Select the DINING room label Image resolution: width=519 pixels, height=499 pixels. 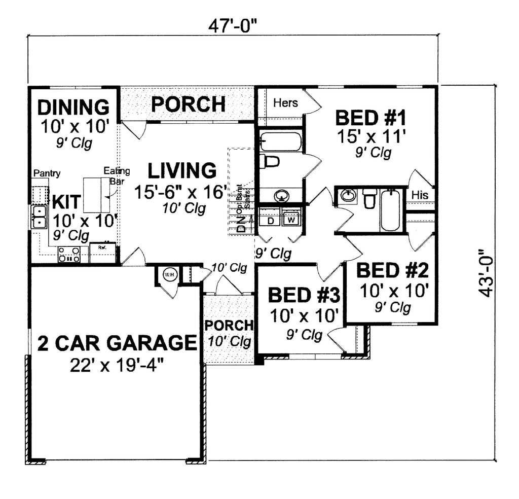point(73,108)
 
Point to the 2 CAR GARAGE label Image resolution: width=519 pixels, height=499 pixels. point(117,343)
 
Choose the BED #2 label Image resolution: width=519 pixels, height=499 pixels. point(393,270)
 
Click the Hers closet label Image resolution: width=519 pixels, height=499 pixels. point(285,102)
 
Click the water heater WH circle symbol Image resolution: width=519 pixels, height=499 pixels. point(169,275)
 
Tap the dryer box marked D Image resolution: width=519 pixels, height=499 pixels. point(270,221)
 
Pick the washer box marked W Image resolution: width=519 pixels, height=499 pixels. point(291,221)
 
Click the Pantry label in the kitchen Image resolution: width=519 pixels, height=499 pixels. point(47,173)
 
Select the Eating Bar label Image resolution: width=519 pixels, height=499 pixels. point(117,175)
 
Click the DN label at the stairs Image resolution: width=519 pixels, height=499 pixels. point(241,223)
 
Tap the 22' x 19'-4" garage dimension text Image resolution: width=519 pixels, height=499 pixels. point(117,365)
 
